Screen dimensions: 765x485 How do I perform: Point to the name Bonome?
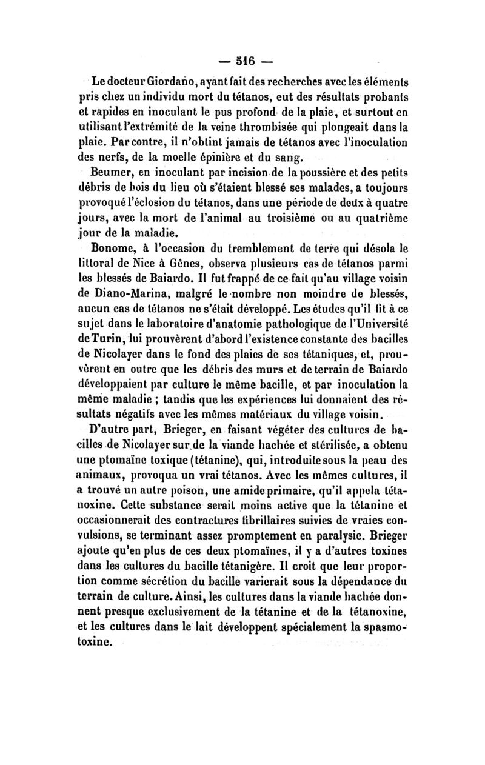[x=113, y=247]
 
